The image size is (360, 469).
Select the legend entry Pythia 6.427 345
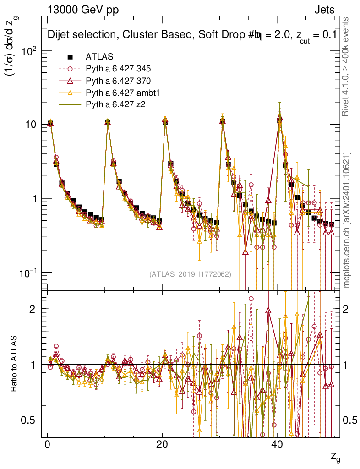click(x=118, y=69)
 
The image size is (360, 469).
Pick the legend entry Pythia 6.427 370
click(x=118, y=81)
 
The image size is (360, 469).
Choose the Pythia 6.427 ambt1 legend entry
click(x=121, y=93)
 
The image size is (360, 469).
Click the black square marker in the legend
click(x=71, y=57)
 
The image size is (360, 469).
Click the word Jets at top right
click(x=324, y=10)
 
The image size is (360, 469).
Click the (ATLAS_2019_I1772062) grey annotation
click(x=190, y=274)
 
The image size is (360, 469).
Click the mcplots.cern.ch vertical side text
click(x=347, y=220)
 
